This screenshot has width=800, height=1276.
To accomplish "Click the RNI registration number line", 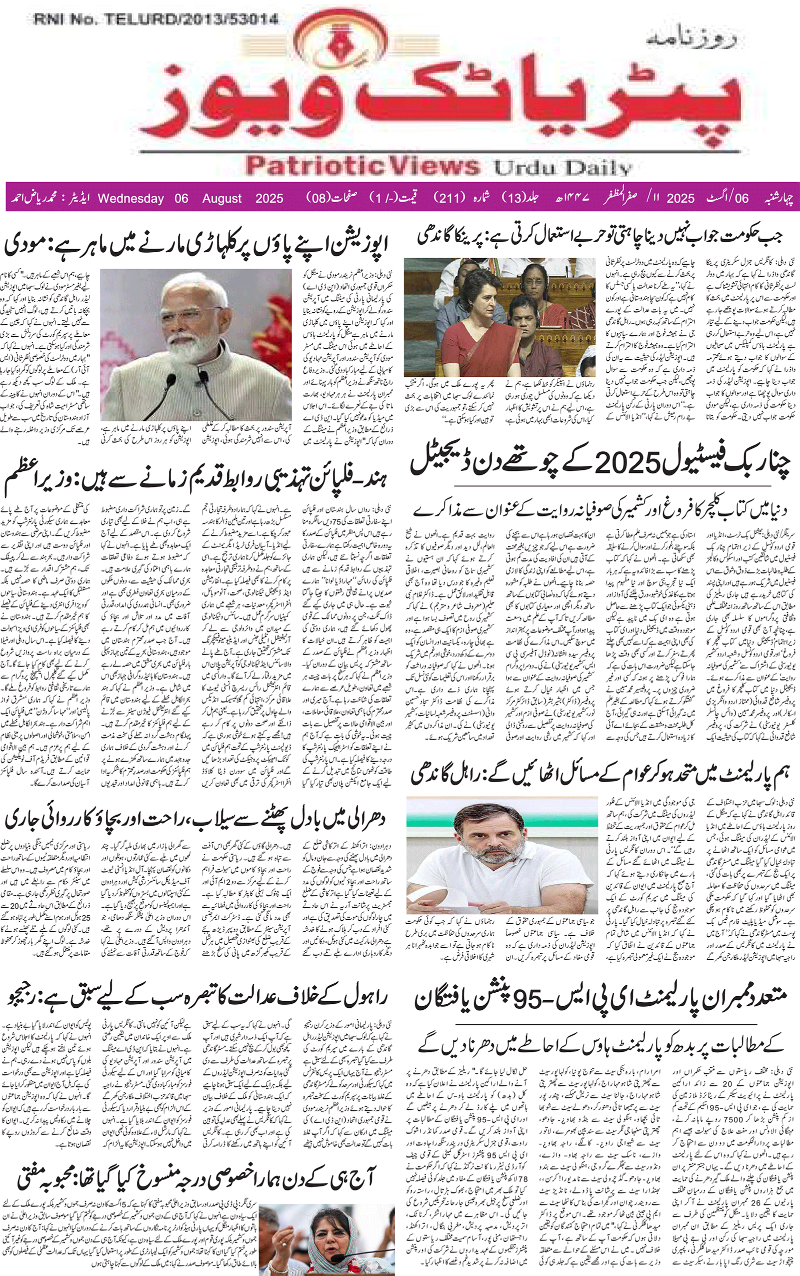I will [156, 20].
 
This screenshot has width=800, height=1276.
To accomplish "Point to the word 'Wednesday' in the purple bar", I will [130, 199].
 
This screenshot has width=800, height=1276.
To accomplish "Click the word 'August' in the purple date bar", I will [221, 199].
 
